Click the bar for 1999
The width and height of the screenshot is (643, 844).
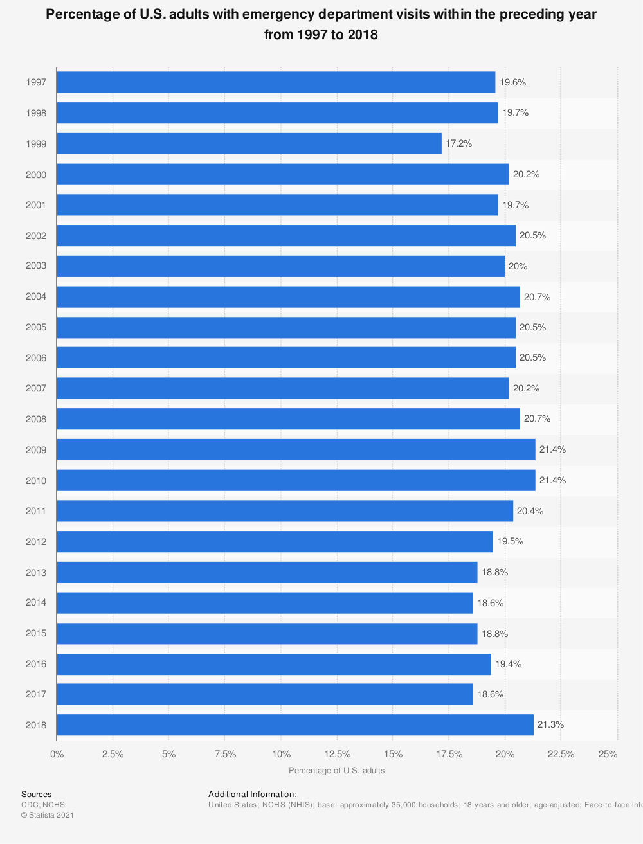coord(249,143)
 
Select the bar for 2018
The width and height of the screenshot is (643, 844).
coord(295,724)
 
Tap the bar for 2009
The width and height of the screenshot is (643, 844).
coord(296,449)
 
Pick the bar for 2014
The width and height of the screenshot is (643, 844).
coord(265,603)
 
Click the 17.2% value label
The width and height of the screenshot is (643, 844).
coord(459,143)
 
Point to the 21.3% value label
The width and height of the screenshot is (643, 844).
coord(550,724)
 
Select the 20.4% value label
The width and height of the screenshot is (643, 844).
coord(530,511)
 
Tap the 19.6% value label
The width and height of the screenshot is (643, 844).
coord(513,82)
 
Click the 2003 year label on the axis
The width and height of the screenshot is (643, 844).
coord(36,266)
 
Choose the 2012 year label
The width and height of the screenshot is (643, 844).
coord(36,542)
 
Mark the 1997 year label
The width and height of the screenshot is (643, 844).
coord(36,82)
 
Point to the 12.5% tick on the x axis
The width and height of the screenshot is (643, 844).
coord(337,754)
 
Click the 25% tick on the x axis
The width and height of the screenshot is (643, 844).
coord(608,754)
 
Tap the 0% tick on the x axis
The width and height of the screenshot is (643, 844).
coord(57,754)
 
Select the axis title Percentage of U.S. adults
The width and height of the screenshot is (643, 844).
coord(337,770)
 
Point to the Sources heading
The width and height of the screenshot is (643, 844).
coord(36,795)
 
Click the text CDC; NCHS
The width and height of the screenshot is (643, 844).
coord(43,805)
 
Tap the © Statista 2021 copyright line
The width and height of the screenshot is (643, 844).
coord(48,815)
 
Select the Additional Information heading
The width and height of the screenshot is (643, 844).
coord(253,795)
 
